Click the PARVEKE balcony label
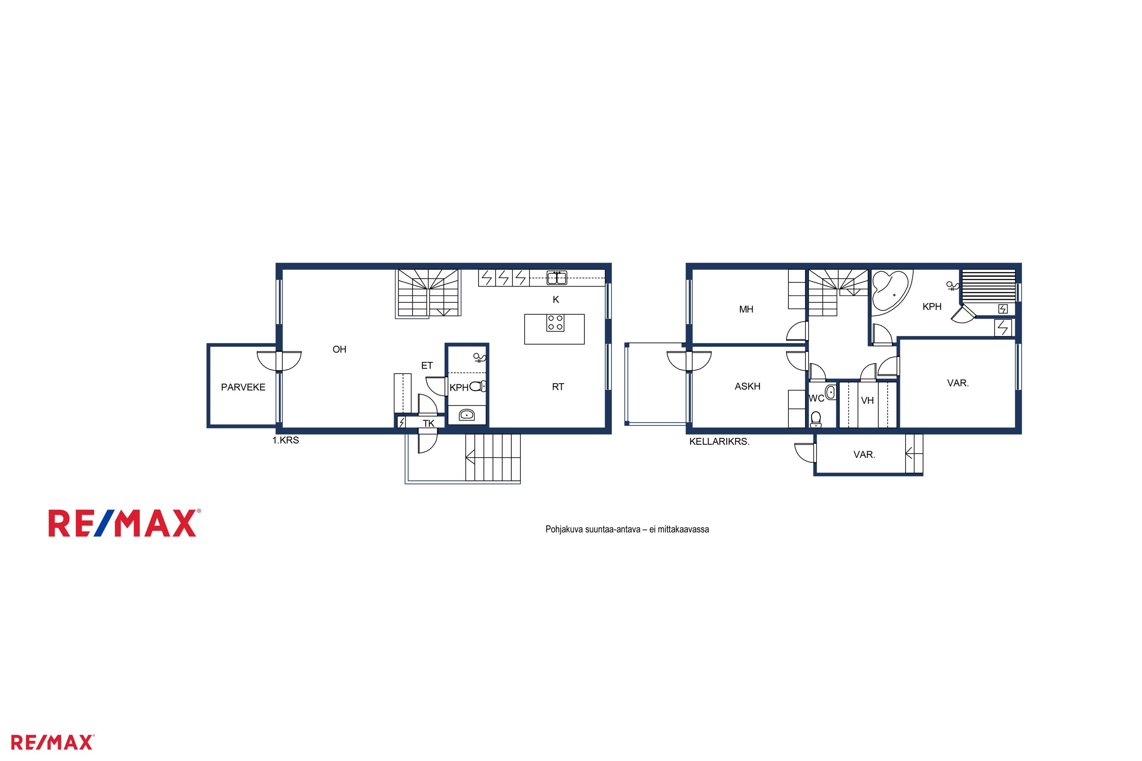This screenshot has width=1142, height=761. pos(243,387)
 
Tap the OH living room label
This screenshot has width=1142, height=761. pos(340,349)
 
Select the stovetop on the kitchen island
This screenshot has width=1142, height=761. pos(555,323)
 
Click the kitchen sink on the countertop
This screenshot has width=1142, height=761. pos(557,278)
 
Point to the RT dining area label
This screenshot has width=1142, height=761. pos(558,387)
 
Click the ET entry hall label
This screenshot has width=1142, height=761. pos(427,365)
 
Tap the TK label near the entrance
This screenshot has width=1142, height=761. pos(428,424)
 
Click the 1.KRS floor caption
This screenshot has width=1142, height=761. pos(285,441)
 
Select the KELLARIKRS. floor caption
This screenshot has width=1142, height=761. pos(719,442)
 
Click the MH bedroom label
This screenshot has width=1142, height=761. pos(746,309)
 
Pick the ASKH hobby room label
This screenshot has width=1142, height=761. pos(747,386)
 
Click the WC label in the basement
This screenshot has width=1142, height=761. pos(816,398)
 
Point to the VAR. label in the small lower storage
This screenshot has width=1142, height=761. pos(864,455)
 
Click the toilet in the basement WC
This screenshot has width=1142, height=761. pos(816,419)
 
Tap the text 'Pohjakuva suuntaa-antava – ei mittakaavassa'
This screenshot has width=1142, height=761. pos(627,530)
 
